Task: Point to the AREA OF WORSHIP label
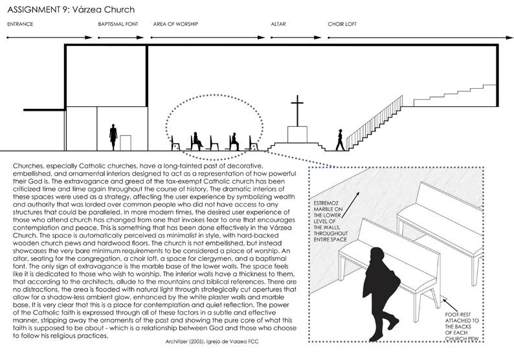point(175,24)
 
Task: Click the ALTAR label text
point(279,24)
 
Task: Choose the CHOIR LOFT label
point(344,24)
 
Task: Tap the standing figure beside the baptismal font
point(113,137)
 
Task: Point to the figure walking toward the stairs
point(338,139)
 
